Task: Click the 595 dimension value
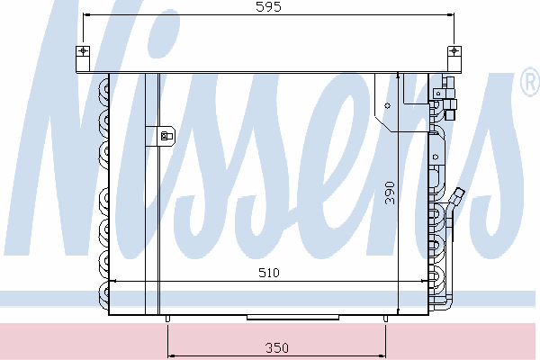tap(268, 7)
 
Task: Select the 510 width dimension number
tap(269, 273)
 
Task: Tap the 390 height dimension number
tap(390, 193)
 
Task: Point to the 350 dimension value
tap(277, 348)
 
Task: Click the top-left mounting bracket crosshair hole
tap(83, 51)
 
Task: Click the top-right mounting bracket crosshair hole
tap(454, 51)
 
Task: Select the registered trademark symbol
tap(530, 82)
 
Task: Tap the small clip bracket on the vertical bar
tap(166, 136)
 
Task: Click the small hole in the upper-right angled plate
tap(387, 106)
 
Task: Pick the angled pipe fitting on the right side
tap(456, 197)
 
